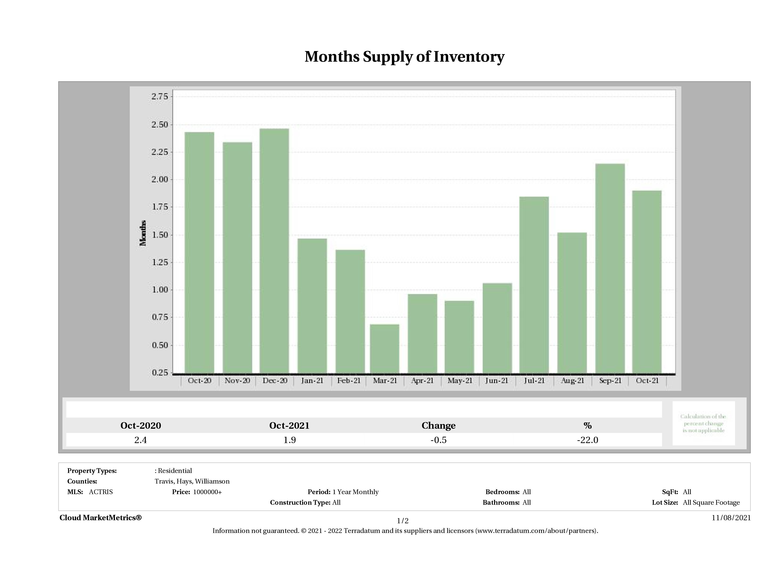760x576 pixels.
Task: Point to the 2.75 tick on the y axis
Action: [x=160, y=96]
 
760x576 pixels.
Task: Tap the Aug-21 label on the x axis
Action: [x=572, y=381]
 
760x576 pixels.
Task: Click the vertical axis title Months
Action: [x=143, y=233]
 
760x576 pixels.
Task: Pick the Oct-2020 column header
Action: [x=141, y=426]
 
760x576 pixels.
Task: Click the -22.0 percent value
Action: [x=588, y=440]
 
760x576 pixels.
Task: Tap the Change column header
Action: [x=439, y=426]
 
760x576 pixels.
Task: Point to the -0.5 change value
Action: [x=439, y=440]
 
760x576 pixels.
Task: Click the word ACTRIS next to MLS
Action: [x=101, y=492]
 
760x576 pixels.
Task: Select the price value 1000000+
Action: [x=207, y=492]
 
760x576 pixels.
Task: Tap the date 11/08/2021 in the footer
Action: [x=731, y=518]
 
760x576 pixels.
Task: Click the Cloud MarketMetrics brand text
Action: [x=100, y=518]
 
